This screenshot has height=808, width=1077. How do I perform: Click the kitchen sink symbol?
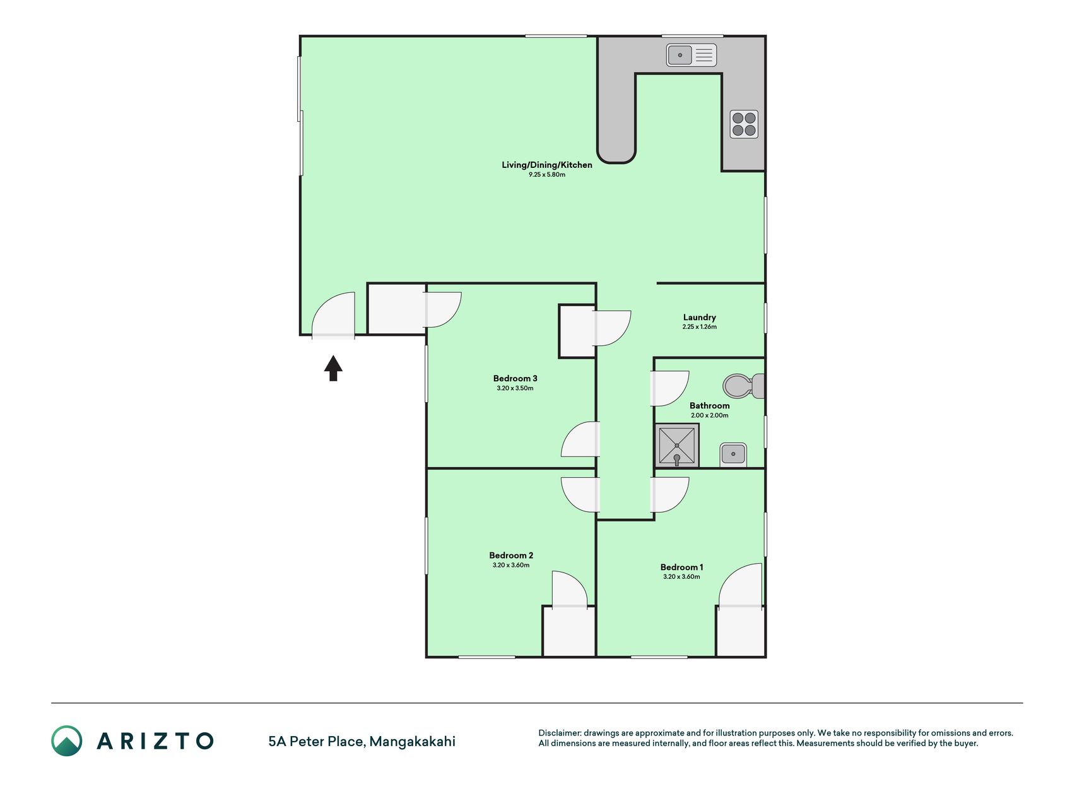click(x=692, y=55)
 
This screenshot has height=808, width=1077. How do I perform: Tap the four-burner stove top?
click(x=744, y=124)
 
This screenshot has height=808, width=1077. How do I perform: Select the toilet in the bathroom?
click(x=744, y=386)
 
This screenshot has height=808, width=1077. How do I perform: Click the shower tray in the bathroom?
click(x=676, y=446)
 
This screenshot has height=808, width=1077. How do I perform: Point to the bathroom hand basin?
click(x=733, y=454)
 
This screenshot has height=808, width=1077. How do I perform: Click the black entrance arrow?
click(x=333, y=368)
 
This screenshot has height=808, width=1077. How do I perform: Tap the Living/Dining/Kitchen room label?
click(x=547, y=165)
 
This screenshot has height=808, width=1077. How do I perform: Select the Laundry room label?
click(x=700, y=318)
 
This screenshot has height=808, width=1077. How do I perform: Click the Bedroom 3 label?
click(x=515, y=379)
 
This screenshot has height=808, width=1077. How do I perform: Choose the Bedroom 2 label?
click(x=511, y=555)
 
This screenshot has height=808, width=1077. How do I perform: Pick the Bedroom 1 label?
click(x=681, y=567)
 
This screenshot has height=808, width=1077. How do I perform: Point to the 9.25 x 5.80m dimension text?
click(x=547, y=175)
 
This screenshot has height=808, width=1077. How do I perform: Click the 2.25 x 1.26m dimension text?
click(x=700, y=327)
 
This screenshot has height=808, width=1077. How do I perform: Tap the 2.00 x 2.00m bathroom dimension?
click(x=710, y=415)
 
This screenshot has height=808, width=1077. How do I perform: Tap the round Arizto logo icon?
click(x=67, y=741)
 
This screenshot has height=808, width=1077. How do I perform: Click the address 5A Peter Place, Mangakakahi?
click(x=362, y=742)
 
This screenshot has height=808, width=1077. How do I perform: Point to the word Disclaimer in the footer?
click(x=559, y=733)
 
